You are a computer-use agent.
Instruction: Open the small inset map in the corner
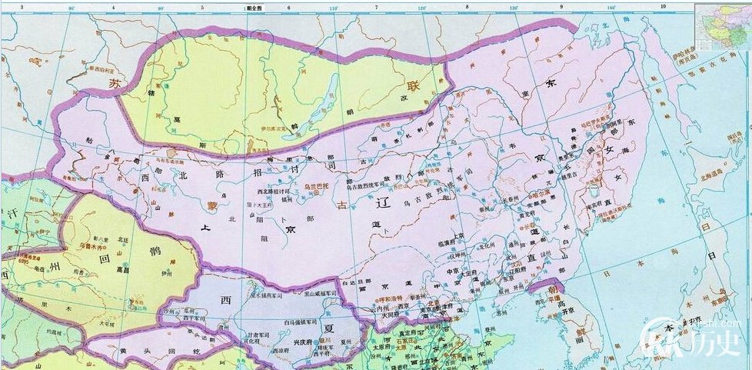(723, 27)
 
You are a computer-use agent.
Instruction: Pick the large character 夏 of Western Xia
(328, 327)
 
